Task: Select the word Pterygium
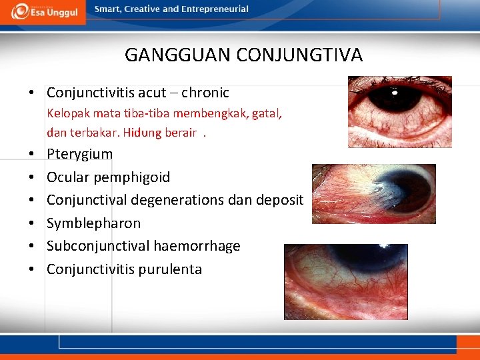[79, 154]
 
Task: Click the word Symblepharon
[93, 223]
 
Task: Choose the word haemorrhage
[197, 246]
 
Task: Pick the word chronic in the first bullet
[205, 93]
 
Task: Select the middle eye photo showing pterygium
[373, 193]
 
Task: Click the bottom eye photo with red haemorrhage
[345, 281]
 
